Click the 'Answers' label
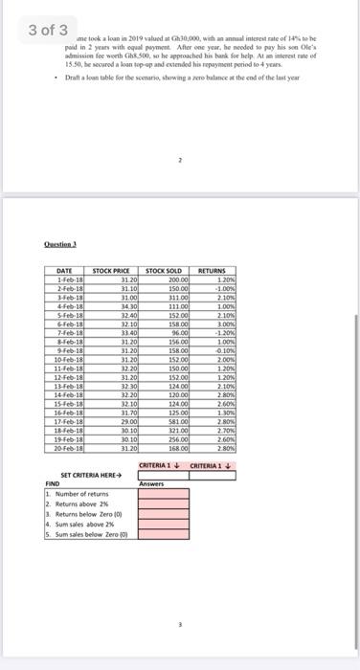pos(151,483)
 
